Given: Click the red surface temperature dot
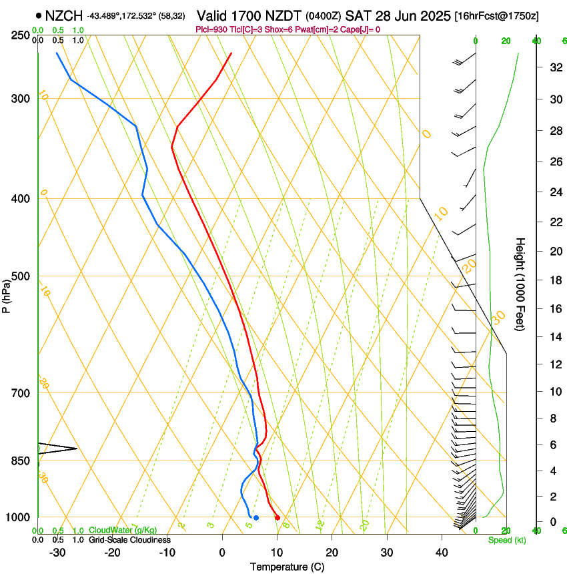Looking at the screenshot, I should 277,518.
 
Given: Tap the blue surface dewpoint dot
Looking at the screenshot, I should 256,518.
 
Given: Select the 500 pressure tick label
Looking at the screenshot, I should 20,276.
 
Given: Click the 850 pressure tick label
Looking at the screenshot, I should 20,461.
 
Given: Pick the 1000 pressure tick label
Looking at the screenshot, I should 17,517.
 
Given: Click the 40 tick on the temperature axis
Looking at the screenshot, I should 442,552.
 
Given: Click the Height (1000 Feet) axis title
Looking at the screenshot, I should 520,284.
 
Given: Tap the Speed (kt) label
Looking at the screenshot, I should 506,540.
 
